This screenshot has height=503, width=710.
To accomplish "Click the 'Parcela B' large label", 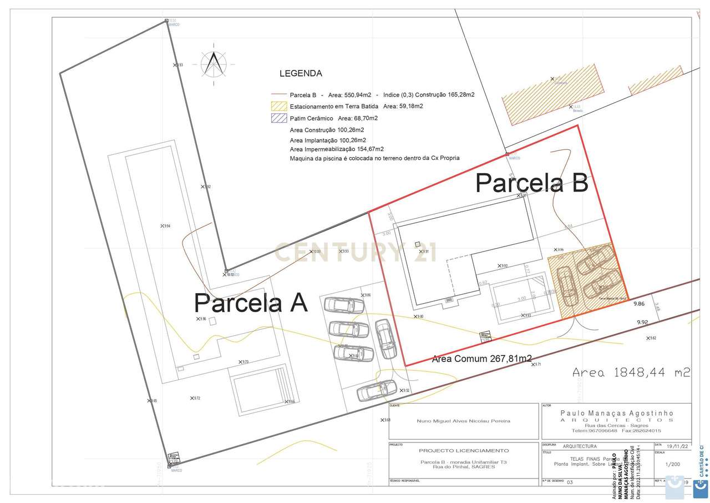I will coord(531,182).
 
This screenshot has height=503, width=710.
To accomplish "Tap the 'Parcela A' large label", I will coord(250,303).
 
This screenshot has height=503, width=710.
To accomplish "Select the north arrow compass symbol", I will coord(214,63).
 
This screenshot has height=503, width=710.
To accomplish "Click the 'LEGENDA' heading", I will coord(300,73).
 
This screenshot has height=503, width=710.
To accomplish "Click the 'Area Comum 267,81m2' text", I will coord(481,359).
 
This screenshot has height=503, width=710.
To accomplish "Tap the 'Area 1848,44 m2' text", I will coord(631,373).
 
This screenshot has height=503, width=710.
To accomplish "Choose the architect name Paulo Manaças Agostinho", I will coord(617,413).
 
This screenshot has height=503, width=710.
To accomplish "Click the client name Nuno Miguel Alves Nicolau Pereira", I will coord(463,421).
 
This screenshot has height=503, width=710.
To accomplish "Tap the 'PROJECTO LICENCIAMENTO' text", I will coord(463,450).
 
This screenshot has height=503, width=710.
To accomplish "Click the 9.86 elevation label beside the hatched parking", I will coord(639,304).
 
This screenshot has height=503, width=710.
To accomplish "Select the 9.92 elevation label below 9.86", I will coord(642,322).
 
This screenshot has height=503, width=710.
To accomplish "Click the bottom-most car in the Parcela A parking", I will coord(376,390).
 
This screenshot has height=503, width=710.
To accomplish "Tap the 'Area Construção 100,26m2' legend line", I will coord(327,130).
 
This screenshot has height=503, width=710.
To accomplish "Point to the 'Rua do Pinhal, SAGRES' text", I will coord(463,467).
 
